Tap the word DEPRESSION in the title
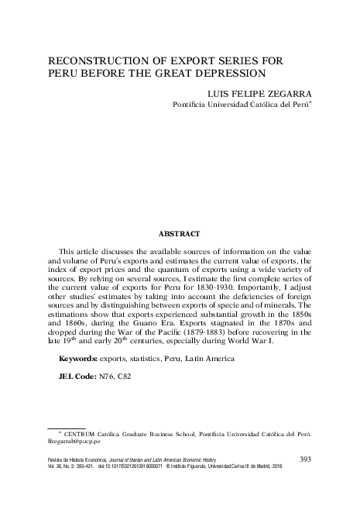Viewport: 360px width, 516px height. [231, 74]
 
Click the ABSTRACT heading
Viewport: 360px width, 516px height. [180, 233]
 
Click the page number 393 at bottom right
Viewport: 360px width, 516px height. [304, 459]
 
